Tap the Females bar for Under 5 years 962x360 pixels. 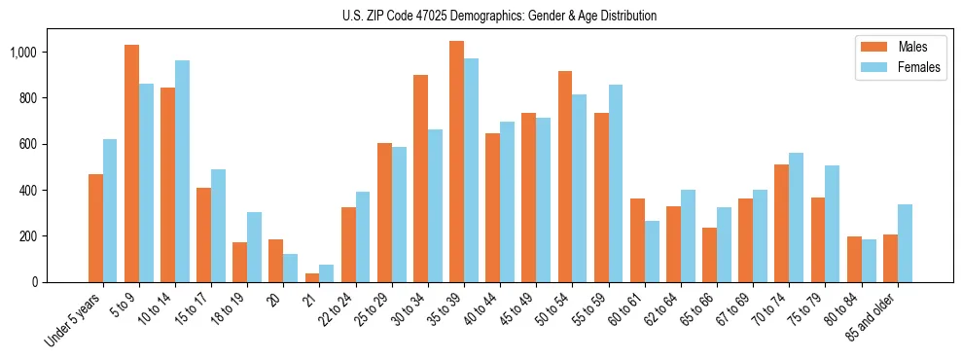pos(110,210)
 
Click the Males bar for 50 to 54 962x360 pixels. pos(565,176)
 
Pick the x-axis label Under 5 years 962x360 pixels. pos(73,319)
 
